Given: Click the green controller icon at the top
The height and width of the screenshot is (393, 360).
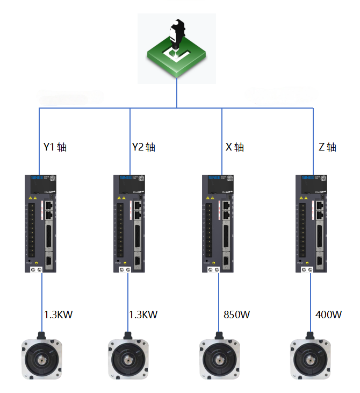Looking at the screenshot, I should pos(177,48).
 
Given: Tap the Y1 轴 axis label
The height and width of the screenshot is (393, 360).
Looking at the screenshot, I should pos(55,147).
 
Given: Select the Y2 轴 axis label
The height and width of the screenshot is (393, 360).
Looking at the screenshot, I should pos(143,147).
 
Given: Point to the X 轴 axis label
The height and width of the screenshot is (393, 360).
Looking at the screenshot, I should pos(234,147).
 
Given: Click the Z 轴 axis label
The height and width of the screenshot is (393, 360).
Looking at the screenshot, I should pos(327,147).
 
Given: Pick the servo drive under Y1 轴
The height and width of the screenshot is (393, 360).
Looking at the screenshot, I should pos(40,223).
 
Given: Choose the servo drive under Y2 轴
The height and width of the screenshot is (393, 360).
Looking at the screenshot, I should pos(129,223).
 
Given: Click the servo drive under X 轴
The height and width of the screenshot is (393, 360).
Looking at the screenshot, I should pos(220,223).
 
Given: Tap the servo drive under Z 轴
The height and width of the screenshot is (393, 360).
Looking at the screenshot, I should pos(311,223).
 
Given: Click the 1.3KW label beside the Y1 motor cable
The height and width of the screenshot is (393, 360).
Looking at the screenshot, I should pos(58,315).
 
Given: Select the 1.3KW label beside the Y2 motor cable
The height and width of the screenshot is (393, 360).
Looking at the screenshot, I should pos(143,315).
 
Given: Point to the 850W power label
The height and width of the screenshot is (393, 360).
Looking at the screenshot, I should pos(237,315).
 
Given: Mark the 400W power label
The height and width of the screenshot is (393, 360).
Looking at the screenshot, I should pos(329,315).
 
